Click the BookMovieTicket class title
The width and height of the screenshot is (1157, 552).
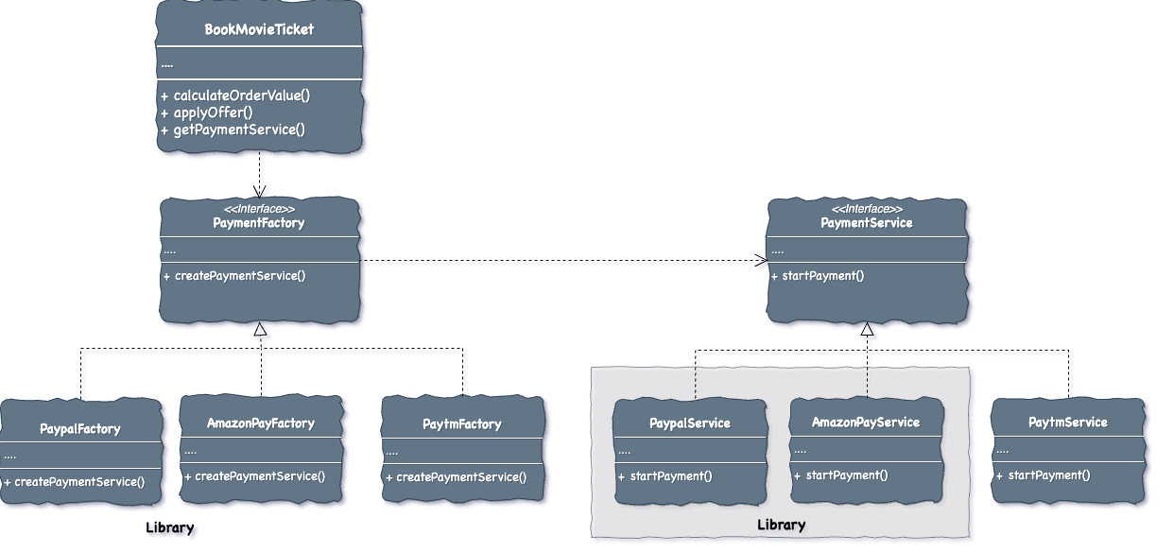tap(259, 29)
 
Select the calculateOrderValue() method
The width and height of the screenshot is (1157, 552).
tap(241, 95)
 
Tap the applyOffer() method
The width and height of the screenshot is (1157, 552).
tap(213, 112)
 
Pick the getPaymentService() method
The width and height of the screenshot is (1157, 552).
tap(239, 129)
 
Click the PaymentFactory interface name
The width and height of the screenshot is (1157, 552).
tap(258, 223)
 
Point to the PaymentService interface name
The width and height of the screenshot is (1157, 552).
tap(866, 223)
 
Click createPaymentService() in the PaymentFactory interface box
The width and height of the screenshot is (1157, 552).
tap(240, 276)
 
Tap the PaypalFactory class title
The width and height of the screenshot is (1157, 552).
tap(80, 428)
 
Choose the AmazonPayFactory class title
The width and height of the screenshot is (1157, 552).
tap(260, 423)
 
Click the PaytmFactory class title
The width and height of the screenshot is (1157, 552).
tap(461, 424)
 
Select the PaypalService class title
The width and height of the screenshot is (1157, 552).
tap(689, 423)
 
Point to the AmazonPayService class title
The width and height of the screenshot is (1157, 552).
tap(865, 422)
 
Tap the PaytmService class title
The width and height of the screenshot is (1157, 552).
tap(1067, 422)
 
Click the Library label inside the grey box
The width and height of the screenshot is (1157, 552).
tap(782, 525)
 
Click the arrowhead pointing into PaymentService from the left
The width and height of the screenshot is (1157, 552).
tap(762, 262)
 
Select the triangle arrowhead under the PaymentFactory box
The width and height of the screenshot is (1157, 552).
tap(263, 334)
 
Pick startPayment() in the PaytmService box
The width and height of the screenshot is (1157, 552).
tap(1048, 474)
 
